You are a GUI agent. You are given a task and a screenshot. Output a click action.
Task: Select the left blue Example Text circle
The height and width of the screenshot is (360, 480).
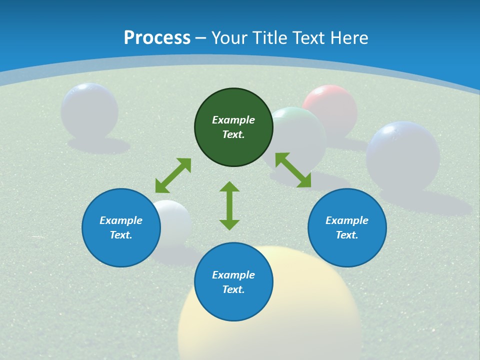point(121,227)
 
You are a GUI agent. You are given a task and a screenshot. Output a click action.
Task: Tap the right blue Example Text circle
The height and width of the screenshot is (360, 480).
point(347,227)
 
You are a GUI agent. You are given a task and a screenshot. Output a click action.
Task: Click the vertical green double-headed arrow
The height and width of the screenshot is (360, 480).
point(229,205)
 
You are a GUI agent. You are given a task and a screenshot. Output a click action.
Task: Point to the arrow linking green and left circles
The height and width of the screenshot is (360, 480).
point(173,175)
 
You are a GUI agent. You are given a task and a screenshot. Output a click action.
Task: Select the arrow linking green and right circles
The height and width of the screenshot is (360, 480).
point(293,170)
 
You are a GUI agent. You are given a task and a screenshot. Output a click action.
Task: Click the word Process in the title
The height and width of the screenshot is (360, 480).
point(157,37)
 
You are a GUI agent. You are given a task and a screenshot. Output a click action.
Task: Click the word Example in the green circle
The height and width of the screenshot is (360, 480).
point(233,120)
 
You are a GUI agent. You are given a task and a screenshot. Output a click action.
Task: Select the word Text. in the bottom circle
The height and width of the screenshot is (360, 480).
point(233,289)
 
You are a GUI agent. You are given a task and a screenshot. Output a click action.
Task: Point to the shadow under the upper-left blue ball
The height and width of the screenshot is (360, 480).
point(99,145)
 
